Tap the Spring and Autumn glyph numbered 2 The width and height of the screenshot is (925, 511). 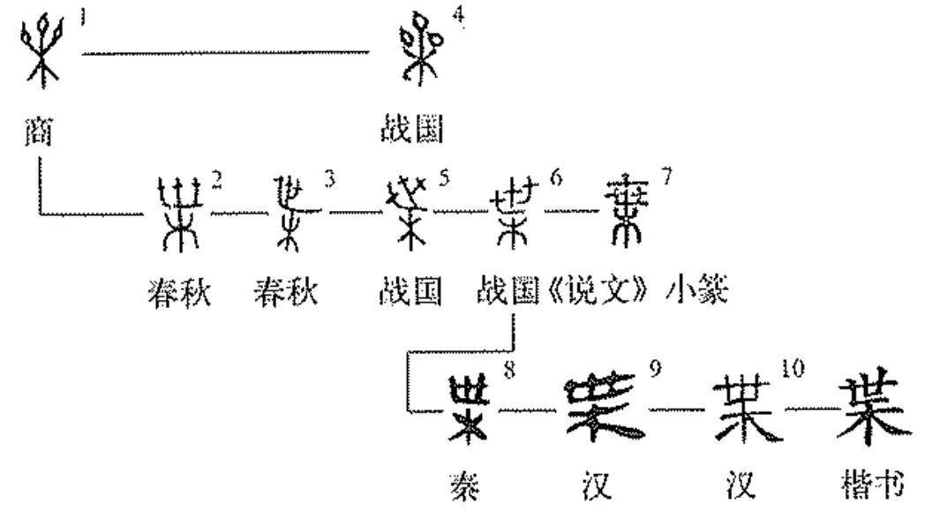[177, 212]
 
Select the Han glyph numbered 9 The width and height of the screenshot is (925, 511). [605, 406]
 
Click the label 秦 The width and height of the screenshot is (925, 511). [471, 486]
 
